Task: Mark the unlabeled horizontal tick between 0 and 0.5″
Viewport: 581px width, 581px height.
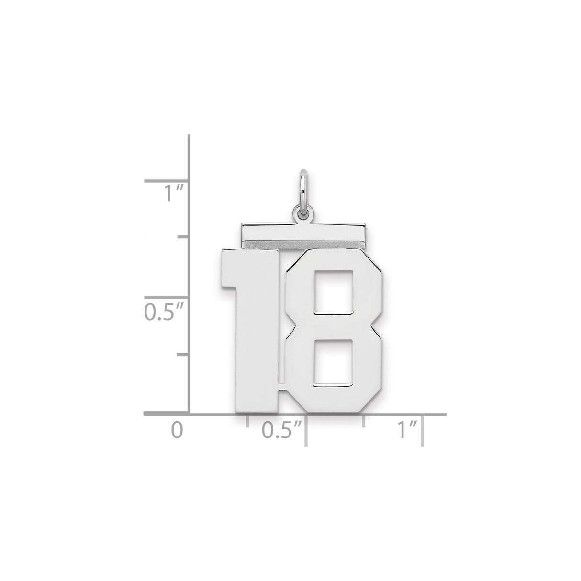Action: coord(247,421)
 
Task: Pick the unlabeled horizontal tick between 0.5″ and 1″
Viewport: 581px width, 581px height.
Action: coord(364,421)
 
